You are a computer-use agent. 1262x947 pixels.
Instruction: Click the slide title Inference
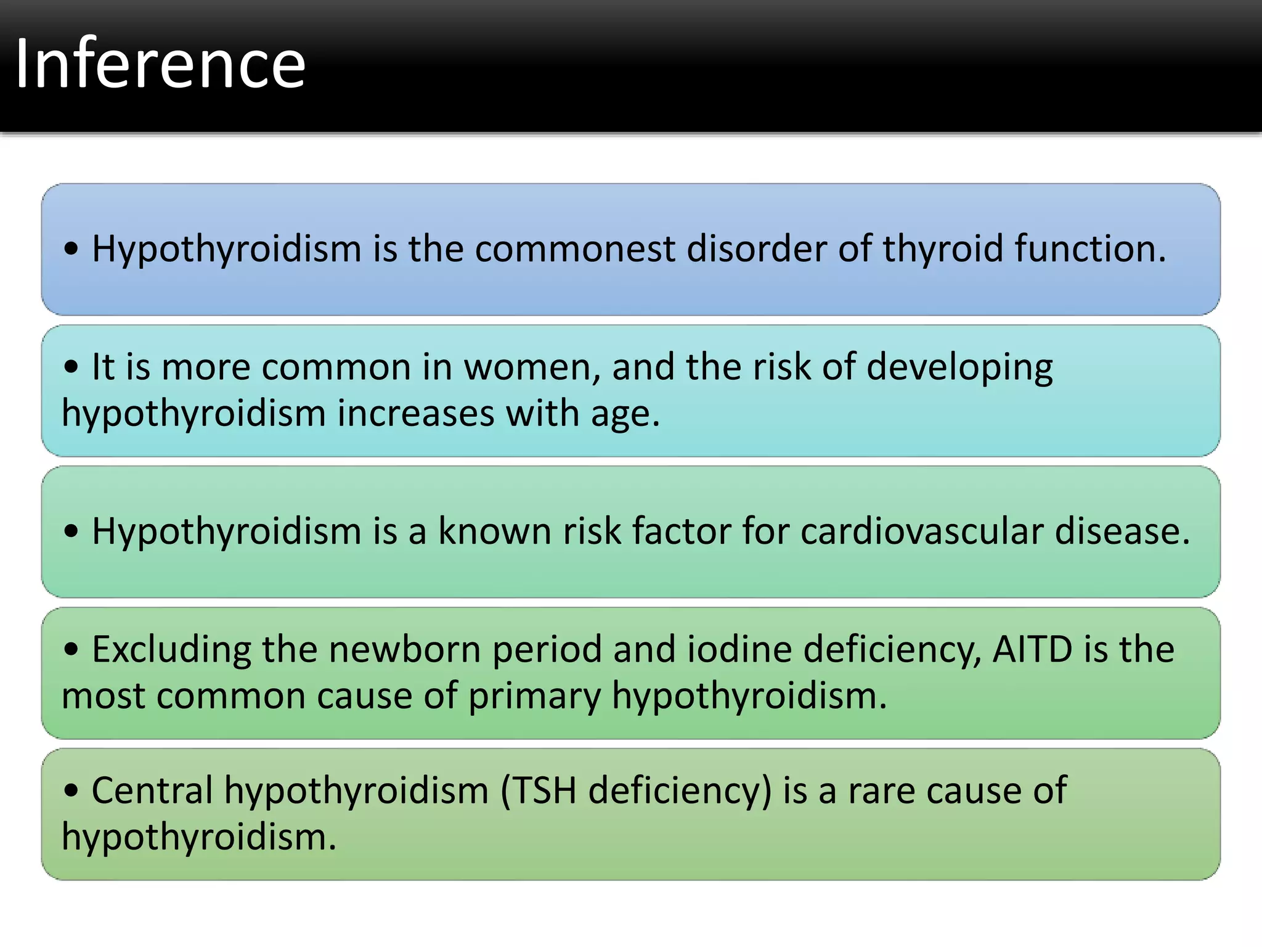coord(160,64)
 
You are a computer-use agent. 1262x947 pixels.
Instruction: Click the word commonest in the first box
coord(574,249)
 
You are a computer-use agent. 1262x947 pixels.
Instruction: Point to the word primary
coord(534,697)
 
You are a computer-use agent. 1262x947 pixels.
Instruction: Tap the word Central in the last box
coord(152,791)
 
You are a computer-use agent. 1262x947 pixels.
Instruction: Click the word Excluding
coord(171,650)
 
